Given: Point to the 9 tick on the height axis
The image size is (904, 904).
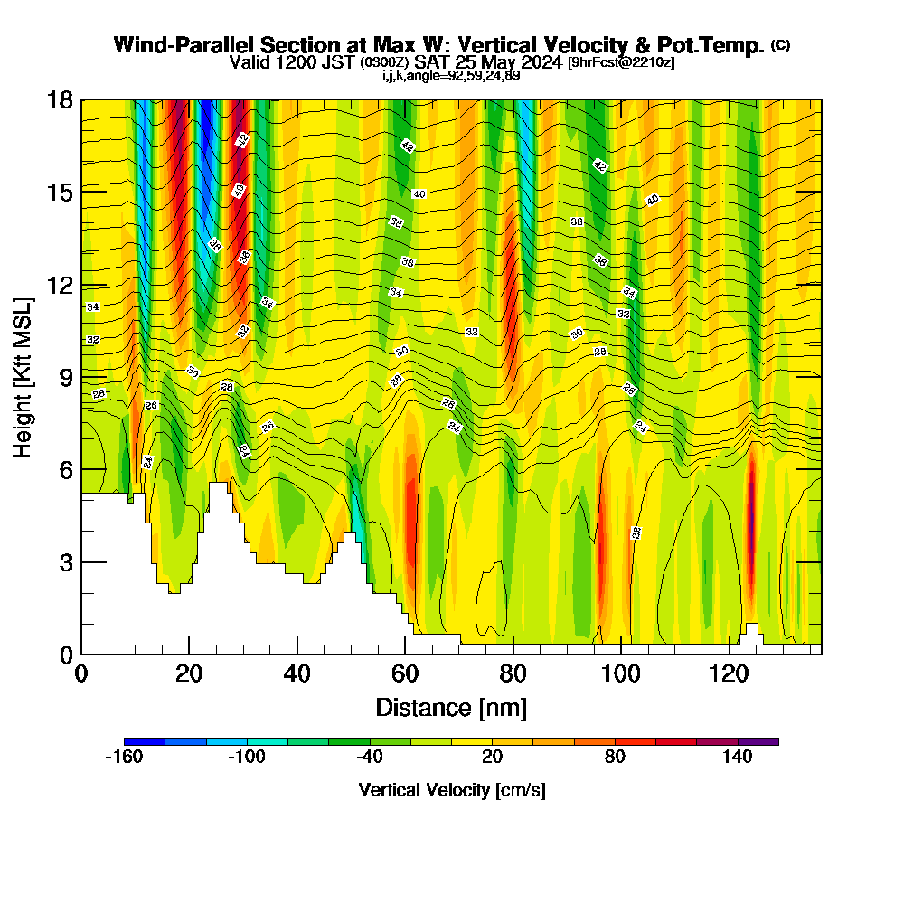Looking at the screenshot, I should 81,376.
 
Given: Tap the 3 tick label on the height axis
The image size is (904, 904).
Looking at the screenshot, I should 65,562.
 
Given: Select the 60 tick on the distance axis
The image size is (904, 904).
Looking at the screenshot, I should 405,654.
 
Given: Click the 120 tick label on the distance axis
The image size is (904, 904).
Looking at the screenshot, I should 730,673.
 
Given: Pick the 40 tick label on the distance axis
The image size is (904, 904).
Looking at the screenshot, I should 297,673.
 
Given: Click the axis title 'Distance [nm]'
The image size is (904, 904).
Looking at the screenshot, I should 451,706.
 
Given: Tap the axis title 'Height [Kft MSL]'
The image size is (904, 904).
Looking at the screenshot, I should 23,376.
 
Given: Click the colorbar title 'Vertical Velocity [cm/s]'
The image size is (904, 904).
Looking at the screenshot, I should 452,790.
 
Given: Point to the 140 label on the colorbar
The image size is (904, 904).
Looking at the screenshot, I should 738,758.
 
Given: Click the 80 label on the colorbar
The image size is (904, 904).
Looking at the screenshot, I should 615,758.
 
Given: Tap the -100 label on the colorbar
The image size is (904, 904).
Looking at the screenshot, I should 246,758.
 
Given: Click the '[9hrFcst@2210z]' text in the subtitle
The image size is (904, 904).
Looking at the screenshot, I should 620,62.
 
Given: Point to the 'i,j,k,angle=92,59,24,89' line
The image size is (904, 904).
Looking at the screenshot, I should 451,75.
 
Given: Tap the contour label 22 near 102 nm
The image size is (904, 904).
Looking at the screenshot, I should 636,533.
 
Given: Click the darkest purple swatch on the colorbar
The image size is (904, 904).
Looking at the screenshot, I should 758,741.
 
